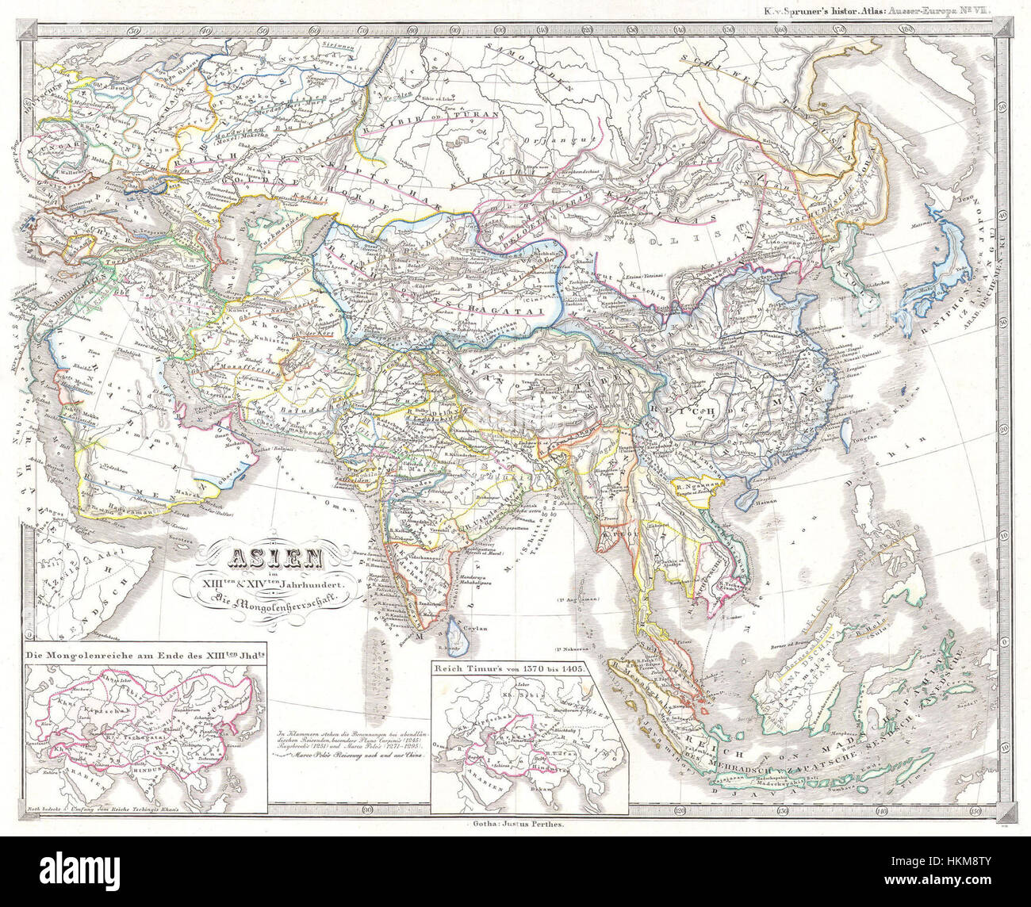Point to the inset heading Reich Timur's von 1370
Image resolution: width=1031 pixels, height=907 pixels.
(x=508, y=668)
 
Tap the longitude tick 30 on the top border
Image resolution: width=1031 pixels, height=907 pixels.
(x=132, y=32)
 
